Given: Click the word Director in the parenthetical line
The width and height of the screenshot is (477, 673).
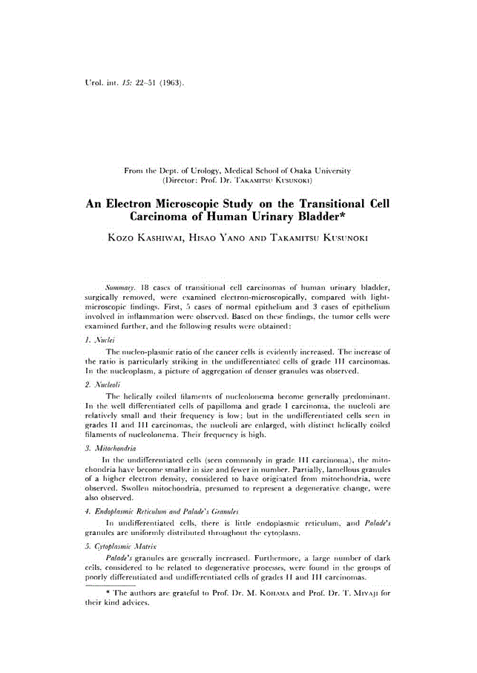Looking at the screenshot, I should click(183, 180).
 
